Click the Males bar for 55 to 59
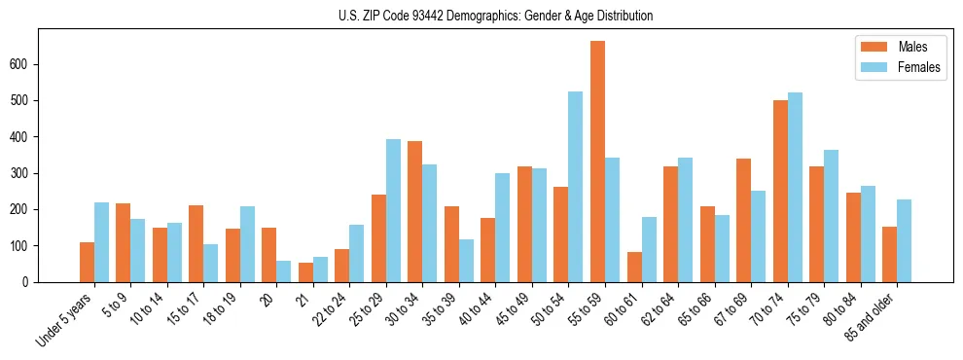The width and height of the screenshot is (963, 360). pyautogui.click(x=597, y=162)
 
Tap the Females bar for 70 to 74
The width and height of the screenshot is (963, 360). pyautogui.click(x=795, y=187)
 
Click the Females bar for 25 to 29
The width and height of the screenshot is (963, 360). pyautogui.click(x=393, y=210)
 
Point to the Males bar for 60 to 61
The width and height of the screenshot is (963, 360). pyautogui.click(x=634, y=267)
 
